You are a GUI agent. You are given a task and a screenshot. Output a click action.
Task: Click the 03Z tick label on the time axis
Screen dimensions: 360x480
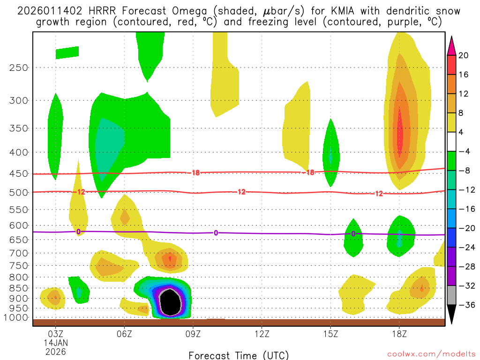point(56,334)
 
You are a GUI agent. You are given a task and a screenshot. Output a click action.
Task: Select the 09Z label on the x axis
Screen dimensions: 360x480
point(193,334)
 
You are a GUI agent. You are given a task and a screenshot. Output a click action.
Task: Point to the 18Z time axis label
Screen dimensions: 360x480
point(399,334)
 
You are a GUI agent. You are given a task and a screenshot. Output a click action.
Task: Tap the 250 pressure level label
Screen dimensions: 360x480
point(19,67)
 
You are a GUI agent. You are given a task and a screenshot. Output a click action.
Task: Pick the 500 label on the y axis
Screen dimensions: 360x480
point(19,192)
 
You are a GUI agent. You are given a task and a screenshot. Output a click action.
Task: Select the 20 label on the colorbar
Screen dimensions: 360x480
point(464,55)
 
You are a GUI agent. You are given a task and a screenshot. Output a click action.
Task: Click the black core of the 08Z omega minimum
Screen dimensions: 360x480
point(170,302)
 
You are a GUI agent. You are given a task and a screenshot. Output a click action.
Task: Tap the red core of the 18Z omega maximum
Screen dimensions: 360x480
point(400,134)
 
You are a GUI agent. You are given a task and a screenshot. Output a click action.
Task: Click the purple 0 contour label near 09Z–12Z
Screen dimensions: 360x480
point(216,233)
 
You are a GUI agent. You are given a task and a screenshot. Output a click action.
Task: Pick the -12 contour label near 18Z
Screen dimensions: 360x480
point(379,194)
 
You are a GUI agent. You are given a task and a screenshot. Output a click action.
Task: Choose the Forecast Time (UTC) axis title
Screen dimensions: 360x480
point(239,355)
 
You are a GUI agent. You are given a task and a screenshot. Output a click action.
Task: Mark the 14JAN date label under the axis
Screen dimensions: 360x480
point(56,343)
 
